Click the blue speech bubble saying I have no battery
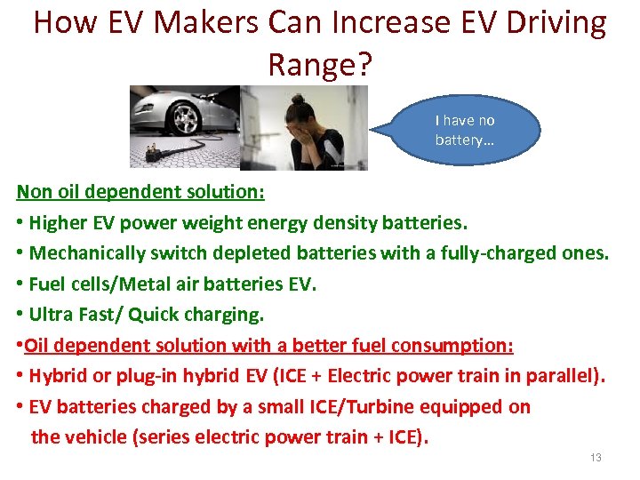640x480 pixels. point(465,131)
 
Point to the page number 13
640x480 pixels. point(596,458)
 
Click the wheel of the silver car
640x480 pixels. point(187,116)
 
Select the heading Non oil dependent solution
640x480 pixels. point(140,191)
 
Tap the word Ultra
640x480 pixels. point(51,315)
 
